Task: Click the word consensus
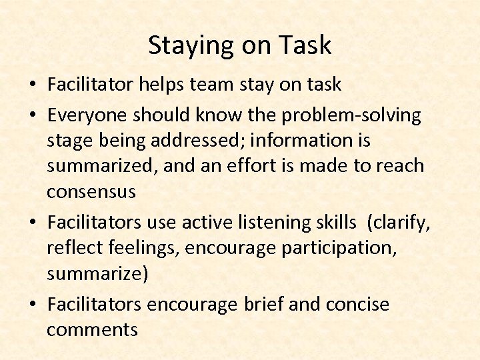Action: tap(91, 192)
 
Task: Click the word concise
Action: tap(357, 304)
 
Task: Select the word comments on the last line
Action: tap(92, 329)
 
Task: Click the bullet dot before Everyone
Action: tap(33, 116)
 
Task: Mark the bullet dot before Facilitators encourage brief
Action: tap(33, 305)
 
